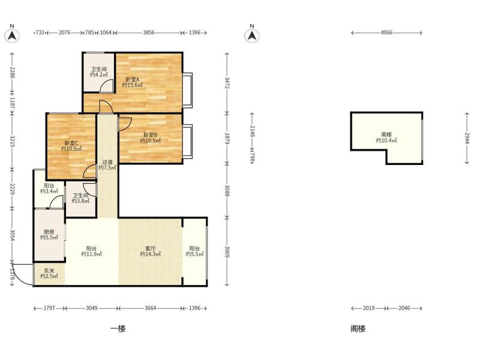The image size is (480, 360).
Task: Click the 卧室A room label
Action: pos(133,79)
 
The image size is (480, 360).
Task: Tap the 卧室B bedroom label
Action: pos(151,134)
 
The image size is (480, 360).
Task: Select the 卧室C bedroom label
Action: pos(71,143)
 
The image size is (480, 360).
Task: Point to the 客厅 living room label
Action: pos(151,248)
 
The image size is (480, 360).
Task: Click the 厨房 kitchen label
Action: pos(49,232)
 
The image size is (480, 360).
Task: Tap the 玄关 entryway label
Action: pos(49,271)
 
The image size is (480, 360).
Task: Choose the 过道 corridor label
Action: pos(107,162)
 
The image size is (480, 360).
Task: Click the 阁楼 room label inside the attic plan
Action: pos(386,134)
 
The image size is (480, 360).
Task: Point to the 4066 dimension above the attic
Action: pos(386,32)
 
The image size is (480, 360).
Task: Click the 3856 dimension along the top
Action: pos(149,32)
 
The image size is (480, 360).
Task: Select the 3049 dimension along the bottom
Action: pos(92,308)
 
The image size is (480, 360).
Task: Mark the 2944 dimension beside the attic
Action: pos(467,138)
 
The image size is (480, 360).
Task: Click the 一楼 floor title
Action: pos(118,329)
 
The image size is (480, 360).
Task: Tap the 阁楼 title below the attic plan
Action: pos(358,329)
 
